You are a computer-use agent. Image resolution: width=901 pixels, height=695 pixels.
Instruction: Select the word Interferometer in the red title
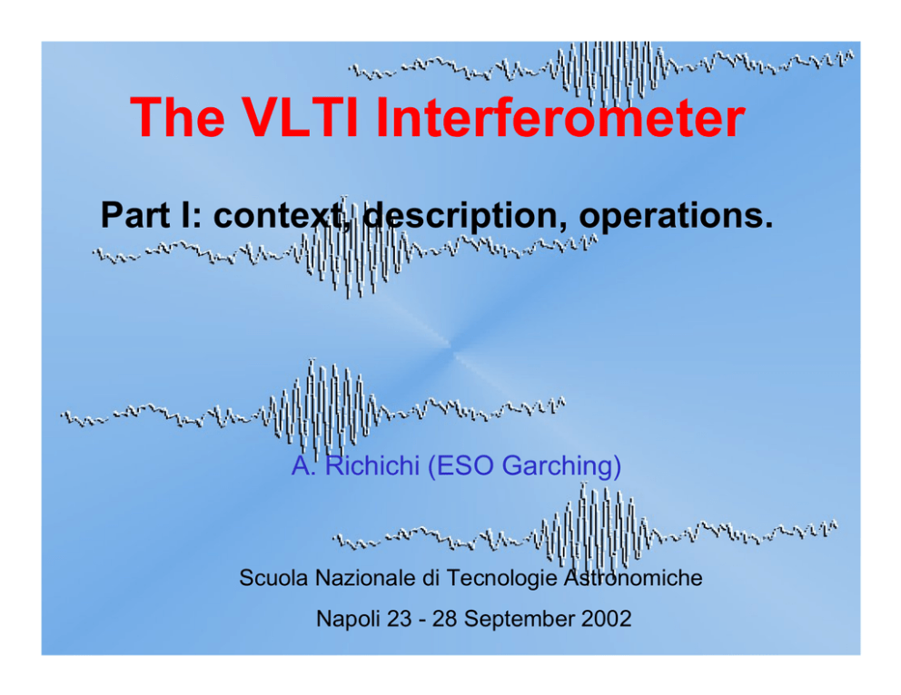[x=560, y=117]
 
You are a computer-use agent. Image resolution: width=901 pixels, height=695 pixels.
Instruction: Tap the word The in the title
[x=177, y=117]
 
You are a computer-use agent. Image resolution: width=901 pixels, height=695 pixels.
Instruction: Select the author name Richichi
[x=372, y=465]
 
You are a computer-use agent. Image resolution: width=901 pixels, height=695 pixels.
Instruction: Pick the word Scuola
[x=273, y=578]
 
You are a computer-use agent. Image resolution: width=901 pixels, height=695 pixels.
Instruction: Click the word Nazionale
[x=365, y=578]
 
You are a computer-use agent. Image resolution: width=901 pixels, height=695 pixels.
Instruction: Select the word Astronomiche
[x=633, y=578]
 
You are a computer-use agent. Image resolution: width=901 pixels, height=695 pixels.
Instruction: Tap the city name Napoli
[x=348, y=620]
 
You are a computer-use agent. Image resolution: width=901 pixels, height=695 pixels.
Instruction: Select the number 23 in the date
[x=400, y=619]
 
